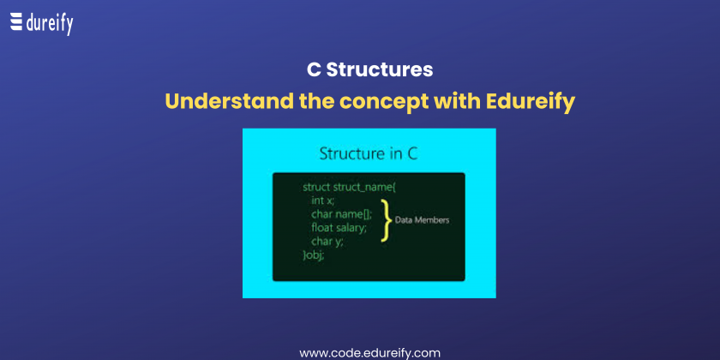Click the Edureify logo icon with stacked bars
[x=16, y=22]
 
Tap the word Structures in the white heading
[x=380, y=70]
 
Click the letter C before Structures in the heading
[x=314, y=70]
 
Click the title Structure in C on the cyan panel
[x=369, y=153]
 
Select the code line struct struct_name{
[x=352, y=188]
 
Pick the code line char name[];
[x=342, y=214]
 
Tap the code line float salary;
[x=339, y=227]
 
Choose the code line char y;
[x=327, y=241]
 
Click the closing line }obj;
[x=314, y=255]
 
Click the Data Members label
[x=422, y=220]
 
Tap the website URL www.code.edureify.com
[x=369, y=353]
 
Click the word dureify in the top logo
[x=50, y=24]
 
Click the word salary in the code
[x=351, y=228]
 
